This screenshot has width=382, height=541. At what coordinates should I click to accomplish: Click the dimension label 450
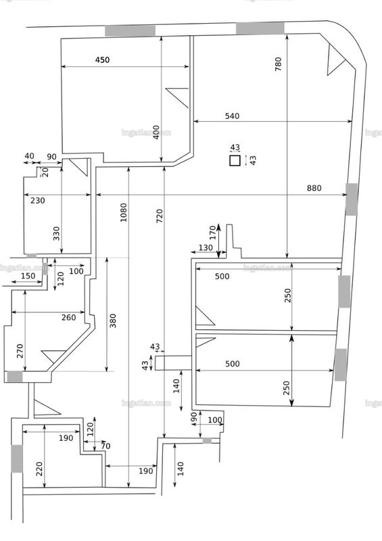point(102,60)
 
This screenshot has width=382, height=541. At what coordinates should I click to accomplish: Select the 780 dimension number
point(278,64)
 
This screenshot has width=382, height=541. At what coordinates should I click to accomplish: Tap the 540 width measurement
point(232,116)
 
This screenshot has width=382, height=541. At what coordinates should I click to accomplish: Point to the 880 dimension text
point(314,188)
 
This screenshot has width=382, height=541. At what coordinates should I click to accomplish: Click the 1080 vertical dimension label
point(124,212)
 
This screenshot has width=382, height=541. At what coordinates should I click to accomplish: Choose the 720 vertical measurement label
point(160,216)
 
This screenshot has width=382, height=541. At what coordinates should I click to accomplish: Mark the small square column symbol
point(235,161)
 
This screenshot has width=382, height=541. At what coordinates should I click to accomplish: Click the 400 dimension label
point(156,132)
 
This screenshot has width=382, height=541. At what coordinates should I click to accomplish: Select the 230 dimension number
point(38,200)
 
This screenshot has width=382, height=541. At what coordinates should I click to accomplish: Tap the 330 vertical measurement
point(56,233)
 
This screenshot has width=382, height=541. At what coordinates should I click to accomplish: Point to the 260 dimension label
point(69,317)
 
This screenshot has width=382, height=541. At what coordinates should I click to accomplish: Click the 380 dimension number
point(113,321)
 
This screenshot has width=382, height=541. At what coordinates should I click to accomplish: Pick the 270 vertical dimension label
point(20,351)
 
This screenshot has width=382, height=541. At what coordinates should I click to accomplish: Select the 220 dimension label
point(39,469)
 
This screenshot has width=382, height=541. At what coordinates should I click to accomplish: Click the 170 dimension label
point(212,233)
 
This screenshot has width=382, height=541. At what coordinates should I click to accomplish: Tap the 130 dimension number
point(206,248)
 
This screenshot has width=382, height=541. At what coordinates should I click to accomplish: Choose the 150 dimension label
point(28,276)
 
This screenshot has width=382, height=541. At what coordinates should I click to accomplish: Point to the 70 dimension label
point(105,446)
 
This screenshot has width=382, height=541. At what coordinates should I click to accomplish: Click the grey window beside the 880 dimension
point(352,199)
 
